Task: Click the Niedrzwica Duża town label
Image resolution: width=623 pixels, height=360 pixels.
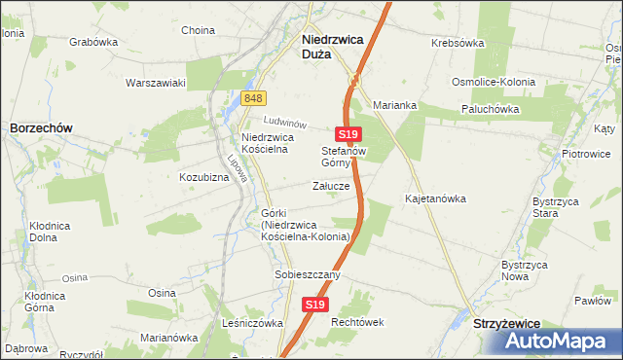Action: click(328, 47)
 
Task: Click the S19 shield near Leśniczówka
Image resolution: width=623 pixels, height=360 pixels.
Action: click(313, 305)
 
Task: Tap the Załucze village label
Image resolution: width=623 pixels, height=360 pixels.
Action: click(331, 186)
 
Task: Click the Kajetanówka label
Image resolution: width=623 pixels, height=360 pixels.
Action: click(435, 198)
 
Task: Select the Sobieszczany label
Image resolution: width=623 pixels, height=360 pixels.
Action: click(308, 275)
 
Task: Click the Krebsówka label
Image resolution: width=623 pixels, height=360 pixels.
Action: click(458, 44)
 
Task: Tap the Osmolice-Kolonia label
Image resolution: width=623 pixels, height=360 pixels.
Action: click(493, 82)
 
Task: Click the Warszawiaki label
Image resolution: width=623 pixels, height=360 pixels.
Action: click(155, 83)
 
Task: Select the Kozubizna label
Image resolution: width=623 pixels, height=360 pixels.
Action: click(203, 178)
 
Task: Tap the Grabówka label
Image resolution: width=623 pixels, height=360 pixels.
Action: click(93, 43)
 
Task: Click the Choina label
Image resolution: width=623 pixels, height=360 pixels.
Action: click(198, 30)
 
